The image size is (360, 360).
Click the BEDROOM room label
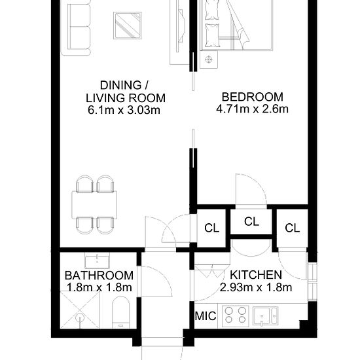(252, 97)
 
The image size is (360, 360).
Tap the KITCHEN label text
(256, 275)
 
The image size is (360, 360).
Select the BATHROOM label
(99, 276)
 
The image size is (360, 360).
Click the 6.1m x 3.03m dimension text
(124, 110)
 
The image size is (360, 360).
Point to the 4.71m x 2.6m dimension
(252, 109)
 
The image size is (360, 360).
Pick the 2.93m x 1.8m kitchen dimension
(256, 287)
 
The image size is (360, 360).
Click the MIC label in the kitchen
(206, 316)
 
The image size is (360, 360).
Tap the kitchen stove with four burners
(236, 315)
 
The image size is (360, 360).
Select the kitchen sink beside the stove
(265, 316)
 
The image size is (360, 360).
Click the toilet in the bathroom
(121, 312)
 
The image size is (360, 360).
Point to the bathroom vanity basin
(97, 261)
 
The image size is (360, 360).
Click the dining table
(94, 205)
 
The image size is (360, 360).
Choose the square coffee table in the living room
(127, 26)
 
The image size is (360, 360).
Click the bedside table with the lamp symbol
(209, 60)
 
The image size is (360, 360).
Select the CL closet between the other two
(251, 222)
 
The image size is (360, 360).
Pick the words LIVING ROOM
(126, 98)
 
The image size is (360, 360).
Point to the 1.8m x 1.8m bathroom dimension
(99, 287)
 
